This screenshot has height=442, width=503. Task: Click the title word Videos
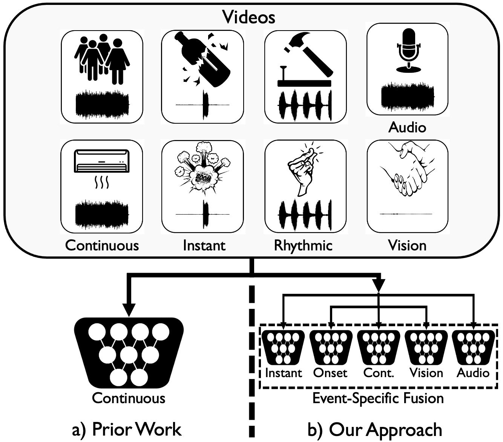(x=249, y=17)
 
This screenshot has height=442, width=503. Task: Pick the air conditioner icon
(x=101, y=161)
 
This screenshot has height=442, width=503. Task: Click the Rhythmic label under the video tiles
(x=303, y=246)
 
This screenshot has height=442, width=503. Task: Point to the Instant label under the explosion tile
(x=204, y=246)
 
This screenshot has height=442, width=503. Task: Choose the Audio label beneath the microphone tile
(x=407, y=127)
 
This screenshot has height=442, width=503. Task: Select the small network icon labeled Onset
(x=331, y=347)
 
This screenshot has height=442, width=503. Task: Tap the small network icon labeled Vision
(x=426, y=347)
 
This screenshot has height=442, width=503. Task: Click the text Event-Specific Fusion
(x=378, y=398)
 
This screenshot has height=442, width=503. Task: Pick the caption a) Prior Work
(x=127, y=430)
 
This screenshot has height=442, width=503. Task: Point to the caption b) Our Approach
(x=375, y=430)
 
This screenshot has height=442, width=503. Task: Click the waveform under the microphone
(x=407, y=97)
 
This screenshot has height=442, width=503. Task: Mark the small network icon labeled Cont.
(x=379, y=347)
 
